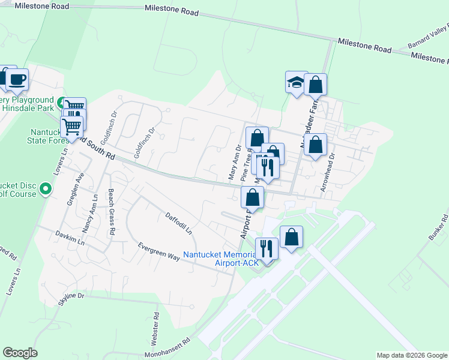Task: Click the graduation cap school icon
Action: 296,82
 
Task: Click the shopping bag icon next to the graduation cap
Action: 315,85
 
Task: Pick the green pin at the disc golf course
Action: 45,190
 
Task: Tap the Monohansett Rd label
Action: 169,347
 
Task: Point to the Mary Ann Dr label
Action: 234,162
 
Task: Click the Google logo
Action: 20,353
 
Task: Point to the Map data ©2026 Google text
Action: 411,355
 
